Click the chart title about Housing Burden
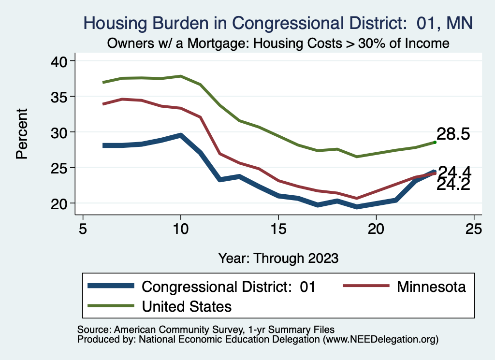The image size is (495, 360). pyautogui.click(x=277, y=22)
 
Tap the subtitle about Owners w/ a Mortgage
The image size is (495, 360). pyautogui.click(x=277, y=43)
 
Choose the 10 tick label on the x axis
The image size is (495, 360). pyautogui.click(x=181, y=228)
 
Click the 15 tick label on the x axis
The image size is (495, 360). pyautogui.click(x=278, y=228)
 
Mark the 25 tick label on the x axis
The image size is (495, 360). pyautogui.click(x=474, y=228)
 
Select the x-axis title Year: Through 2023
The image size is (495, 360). pyautogui.click(x=278, y=257)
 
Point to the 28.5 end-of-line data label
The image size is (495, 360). pyautogui.click(x=453, y=134)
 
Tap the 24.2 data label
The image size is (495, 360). pyautogui.click(x=453, y=185)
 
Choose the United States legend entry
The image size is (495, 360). pyautogui.click(x=186, y=306)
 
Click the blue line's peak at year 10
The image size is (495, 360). pyautogui.click(x=181, y=135)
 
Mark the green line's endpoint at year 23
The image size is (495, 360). pyautogui.click(x=435, y=142)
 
